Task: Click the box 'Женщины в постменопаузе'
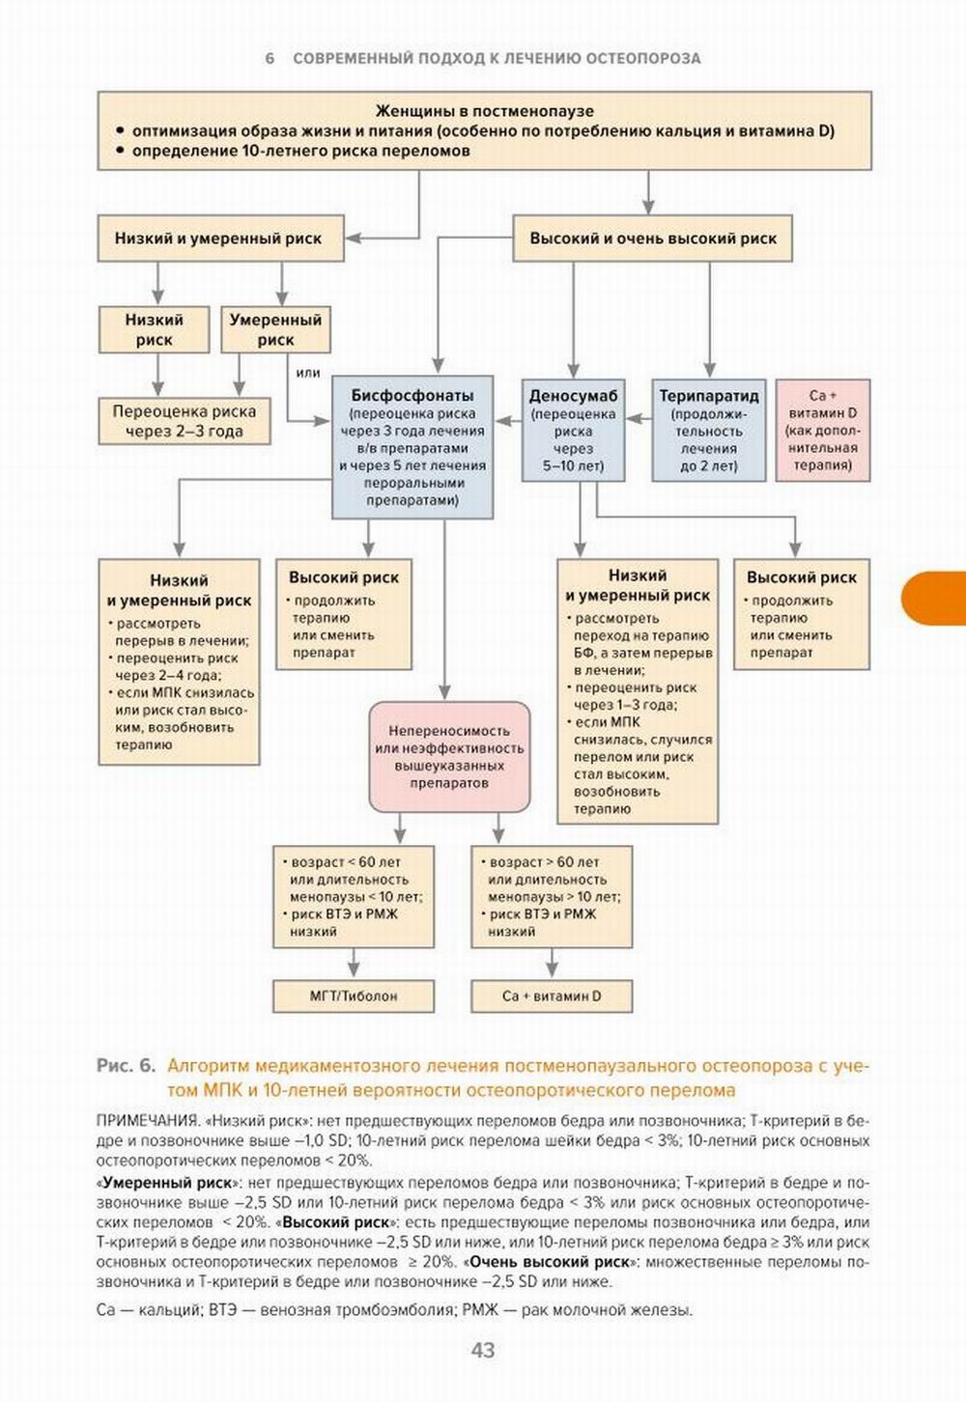point(484,130)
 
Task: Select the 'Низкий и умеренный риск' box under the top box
point(220,238)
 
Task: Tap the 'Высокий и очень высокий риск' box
point(652,238)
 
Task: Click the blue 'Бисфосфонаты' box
point(412,447)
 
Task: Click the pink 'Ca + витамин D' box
point(823,430)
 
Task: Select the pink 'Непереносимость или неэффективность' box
point(449,757)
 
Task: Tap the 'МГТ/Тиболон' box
point(354,995)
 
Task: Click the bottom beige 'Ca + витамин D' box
point(552,995)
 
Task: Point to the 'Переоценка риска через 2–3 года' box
point(184,421)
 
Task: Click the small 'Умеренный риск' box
point(275,329)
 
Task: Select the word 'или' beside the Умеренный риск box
point(308,373)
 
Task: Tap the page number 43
point(483,1350)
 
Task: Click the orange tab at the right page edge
point(935,598)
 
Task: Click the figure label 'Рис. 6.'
point(126,1066)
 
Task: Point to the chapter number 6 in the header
point(270,59)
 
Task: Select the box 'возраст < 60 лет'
point(354,897)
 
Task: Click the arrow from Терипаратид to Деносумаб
point(639,418)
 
